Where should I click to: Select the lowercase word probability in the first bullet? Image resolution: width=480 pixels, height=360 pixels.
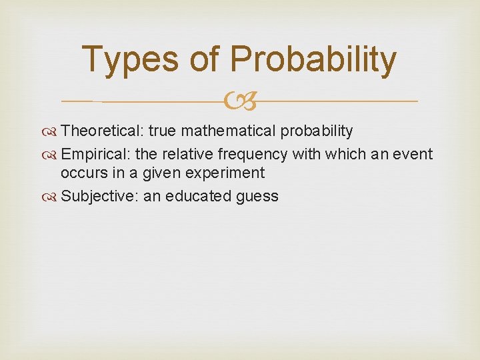point(319,131)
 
